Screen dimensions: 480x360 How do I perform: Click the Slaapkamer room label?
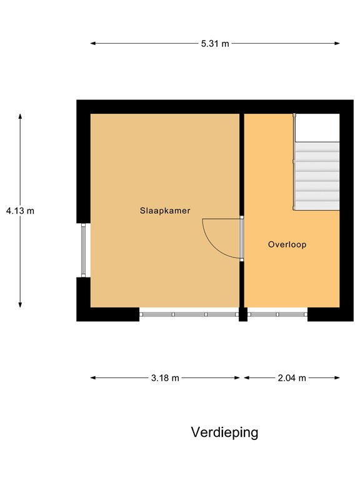[x=165, y=211]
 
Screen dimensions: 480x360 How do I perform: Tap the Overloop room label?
[x=287, y=245]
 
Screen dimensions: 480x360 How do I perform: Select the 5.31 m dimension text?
[x=214, y=44]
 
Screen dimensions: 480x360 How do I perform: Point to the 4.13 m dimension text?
[x=20, y=211]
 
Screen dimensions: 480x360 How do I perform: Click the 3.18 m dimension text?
[x=165, y=378]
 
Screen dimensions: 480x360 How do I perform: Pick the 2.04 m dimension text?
[x=292, y=378]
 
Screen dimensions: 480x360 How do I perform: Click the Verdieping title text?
[x=224, y=432]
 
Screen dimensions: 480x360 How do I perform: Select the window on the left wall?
[x=84, y=250]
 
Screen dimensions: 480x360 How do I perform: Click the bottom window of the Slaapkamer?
[x=189, y=314]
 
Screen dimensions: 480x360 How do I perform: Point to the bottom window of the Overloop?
[x=277, y=314]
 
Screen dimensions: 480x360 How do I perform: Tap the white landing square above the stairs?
[x=317, y=127]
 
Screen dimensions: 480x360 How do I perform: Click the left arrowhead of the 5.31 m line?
[x=93, y=44]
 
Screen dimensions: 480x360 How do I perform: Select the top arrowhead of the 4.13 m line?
[x=20, y=116]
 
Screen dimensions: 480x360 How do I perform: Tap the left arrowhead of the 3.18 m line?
[x=93, y=378]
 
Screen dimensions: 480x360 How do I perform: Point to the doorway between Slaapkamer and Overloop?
[x=242, y=238]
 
